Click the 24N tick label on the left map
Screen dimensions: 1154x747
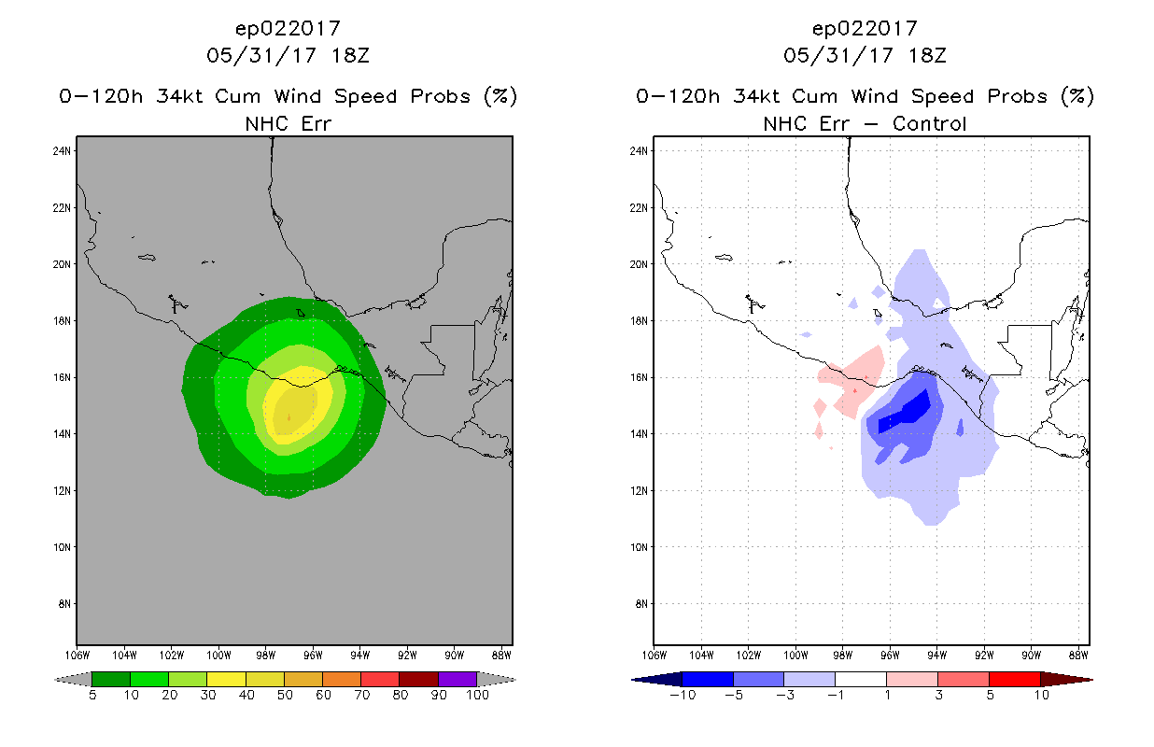[62, 151]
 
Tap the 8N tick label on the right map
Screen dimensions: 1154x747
[640, 604]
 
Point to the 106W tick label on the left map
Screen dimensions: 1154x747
[77, 655]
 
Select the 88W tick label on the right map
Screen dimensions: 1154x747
[1078, 655]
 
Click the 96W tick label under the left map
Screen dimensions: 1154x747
[313, 655]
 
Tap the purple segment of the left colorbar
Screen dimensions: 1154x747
[457, 679]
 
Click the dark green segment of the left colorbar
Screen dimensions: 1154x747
[111, 679]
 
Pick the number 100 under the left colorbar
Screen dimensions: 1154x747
[477, 695]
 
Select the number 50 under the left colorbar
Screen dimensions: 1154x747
[285, 695]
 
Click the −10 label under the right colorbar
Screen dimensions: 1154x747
[683, 695]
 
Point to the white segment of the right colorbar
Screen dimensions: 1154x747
[861, 679]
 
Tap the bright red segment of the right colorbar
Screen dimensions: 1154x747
[1014, 679]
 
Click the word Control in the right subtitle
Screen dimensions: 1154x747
[929, 124]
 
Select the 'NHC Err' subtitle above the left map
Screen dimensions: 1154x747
[288, 124]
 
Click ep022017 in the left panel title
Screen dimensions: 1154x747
[288, 29]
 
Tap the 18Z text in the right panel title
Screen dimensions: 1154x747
[927, 56]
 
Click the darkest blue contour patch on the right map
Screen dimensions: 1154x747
[905, 413]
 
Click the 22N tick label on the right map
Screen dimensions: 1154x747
[639, 207]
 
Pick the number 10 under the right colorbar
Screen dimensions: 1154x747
[1041, 695]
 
